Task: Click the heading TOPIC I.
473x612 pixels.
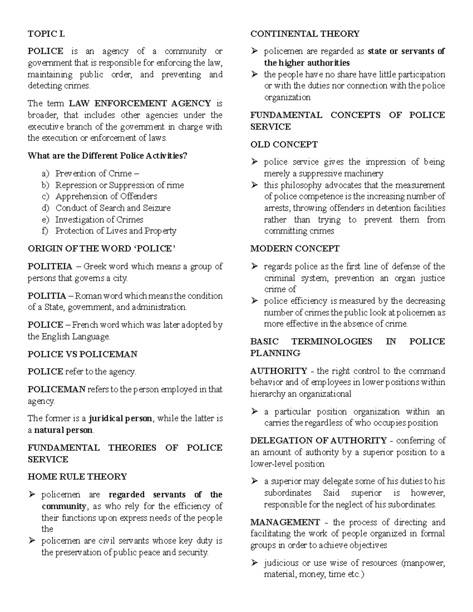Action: point(46,34)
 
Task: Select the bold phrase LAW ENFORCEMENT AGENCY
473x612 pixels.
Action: point(140,104)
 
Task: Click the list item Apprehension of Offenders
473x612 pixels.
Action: point(106,196)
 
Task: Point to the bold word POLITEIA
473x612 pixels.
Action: point(50,267)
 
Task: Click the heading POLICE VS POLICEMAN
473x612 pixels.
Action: point(82,354)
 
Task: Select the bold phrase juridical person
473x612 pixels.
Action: point(120,419)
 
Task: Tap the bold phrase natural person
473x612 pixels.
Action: point(63,430)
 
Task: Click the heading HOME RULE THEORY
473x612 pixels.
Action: point(77,477)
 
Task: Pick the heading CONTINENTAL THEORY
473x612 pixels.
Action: point(305,34)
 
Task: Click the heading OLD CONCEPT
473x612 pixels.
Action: point(284,145)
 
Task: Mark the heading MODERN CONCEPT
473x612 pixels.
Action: point(294,249)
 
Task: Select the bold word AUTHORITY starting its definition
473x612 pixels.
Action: point(278,371)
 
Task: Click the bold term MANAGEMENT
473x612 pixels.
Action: point(285,523)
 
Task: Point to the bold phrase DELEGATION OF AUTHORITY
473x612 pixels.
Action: point(318,441)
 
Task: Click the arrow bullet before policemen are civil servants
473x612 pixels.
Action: point(32,541)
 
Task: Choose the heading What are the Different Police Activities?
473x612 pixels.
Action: point(107,156)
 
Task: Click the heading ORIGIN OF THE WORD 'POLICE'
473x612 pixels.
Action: point(101,249)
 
